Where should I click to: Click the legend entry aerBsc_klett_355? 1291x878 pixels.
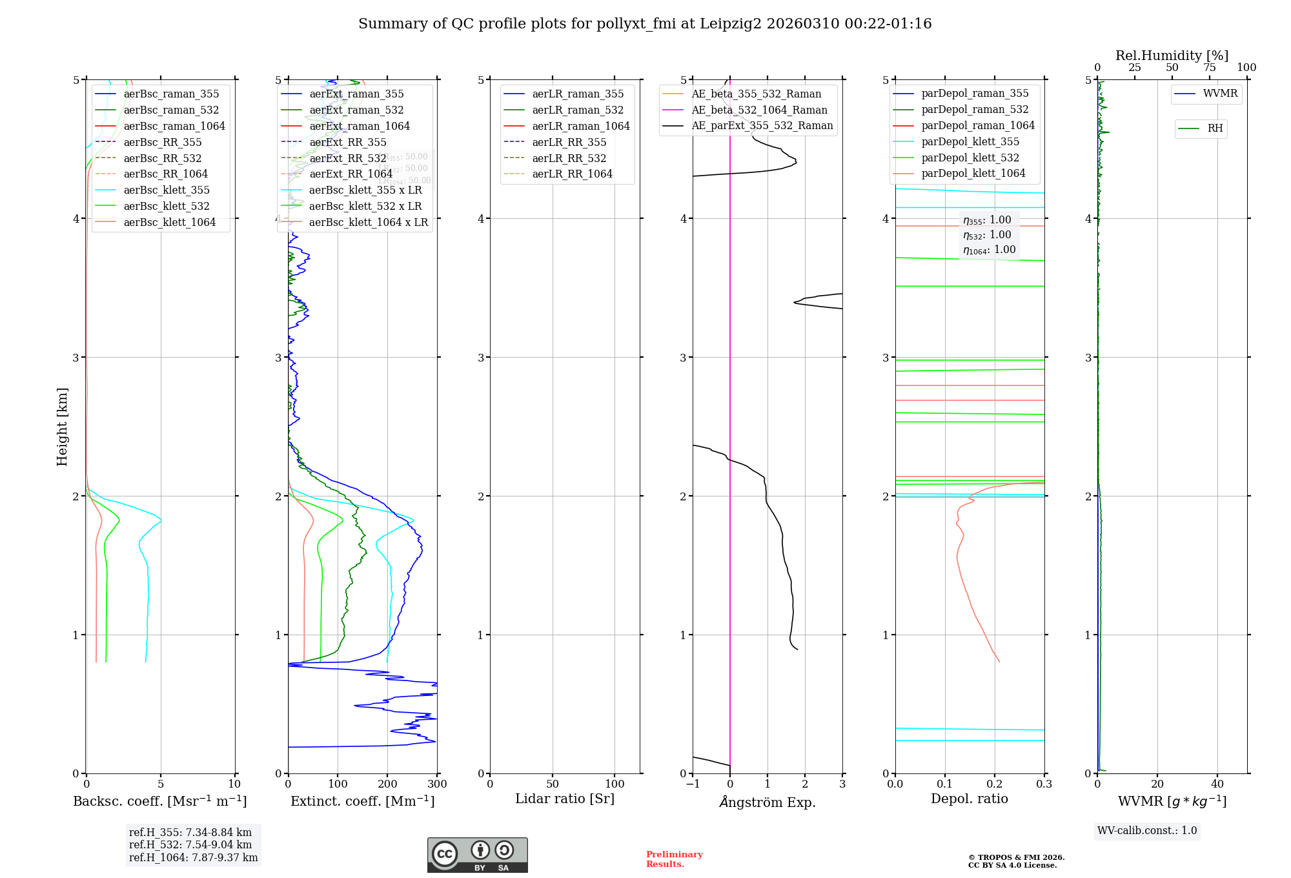(x=167, y=190)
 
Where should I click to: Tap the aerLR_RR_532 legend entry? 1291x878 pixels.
(x=569, y=158)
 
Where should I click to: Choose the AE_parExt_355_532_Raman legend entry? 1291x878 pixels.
(x=762, y=126)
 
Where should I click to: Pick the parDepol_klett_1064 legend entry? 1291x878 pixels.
(x=973, y=174)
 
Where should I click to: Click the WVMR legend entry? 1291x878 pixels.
(x=1220, y=94)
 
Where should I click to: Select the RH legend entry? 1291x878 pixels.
(x=1215, y=128)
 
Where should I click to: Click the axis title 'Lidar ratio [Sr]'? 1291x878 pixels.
(x=565, y=799)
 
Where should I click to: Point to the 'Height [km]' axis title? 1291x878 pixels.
(x=62, y=427)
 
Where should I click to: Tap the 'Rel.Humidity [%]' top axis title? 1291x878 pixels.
(x=1172, y=56)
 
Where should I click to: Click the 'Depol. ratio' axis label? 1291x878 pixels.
(x=969, y=799)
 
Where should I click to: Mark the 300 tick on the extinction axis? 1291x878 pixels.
(x=437, y=784)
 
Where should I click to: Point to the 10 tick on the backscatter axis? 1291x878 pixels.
(x=234, y=784)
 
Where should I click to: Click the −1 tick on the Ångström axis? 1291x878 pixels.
(x=693, y=784)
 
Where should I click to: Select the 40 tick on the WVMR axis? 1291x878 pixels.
(x=1217, y=784)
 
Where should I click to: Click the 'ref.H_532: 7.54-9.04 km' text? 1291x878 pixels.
(x=190, y=845)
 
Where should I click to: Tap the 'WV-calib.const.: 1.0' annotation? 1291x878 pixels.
(x=1147, y=831)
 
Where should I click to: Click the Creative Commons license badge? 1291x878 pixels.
(x=477, y=855)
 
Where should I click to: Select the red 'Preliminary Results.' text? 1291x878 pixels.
(x=674, y=859)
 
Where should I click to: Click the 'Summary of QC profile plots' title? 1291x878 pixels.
(x=645, y=24)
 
